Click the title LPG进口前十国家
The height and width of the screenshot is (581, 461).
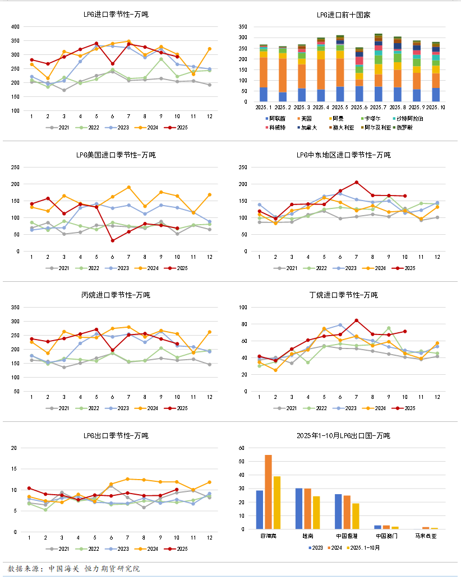(x=343, y=14)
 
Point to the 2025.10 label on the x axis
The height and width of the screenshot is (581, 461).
(x=436, y=107)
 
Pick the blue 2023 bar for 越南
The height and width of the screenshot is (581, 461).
(x=299, y=508)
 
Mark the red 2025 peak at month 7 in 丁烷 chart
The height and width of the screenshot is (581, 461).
(x=356, y=320)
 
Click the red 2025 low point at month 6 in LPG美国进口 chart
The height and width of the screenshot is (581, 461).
(x=113, y=240)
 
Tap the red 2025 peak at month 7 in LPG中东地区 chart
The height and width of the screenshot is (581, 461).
(x=356, y=182)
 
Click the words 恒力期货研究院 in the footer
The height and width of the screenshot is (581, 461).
(x=112, y=569)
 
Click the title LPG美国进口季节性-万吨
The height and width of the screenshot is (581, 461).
(x=116, y=155)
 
